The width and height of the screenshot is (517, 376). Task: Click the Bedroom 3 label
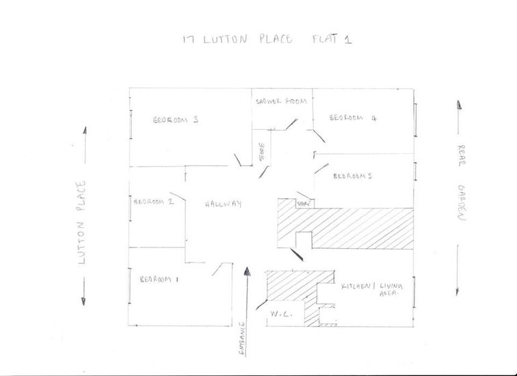tap(176, 120)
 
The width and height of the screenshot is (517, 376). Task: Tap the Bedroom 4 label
tap(353, 118)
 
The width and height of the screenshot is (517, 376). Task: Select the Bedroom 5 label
tap(352, 176)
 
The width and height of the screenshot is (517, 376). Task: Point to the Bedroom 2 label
tap(154, 202)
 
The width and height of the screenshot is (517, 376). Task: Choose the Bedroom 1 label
tap(159, 280)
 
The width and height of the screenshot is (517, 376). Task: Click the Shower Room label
tap(281, 101)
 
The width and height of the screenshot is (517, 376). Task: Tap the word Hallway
tap(223, 204)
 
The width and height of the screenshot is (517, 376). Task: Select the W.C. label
tap(281, 314)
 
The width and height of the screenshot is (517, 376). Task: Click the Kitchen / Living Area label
tap(372, 289)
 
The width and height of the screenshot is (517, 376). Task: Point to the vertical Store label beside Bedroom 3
tap(262, 152)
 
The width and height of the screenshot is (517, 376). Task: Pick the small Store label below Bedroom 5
tap(304, 204)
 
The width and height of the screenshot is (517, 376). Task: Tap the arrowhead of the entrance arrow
tap(247, 271)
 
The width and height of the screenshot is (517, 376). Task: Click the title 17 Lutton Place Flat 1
tap(267, 39)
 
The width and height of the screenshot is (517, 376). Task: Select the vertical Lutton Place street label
tap(81, 222)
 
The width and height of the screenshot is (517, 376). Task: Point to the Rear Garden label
tap(461, 183)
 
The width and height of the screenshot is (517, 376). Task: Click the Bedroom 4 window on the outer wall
tap(416, 120)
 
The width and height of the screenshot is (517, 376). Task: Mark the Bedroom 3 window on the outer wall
tap(131, 124)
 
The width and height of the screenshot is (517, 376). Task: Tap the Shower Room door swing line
tap(292, 124)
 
